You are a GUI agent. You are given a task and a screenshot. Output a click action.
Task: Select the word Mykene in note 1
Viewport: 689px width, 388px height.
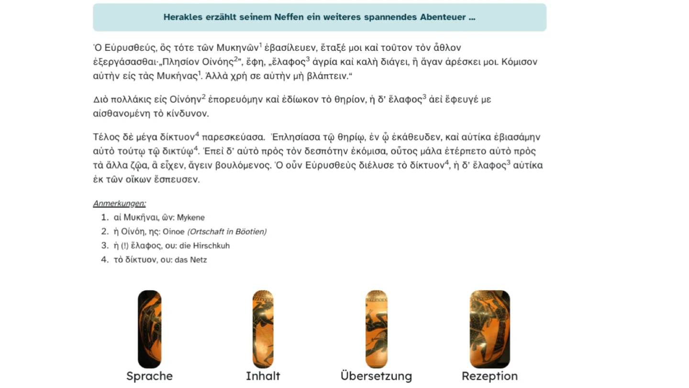190,217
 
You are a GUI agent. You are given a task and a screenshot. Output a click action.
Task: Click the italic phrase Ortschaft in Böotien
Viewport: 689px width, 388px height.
227,232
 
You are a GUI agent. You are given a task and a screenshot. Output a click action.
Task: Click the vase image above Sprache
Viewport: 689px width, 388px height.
149,329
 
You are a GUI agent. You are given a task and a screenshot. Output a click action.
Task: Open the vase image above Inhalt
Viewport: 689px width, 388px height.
263,329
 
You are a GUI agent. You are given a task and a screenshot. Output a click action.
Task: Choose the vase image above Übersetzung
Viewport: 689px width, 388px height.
376,329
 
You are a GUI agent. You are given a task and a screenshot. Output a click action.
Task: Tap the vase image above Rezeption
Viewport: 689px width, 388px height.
489,329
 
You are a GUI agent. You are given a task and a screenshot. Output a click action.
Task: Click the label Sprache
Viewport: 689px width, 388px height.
149,376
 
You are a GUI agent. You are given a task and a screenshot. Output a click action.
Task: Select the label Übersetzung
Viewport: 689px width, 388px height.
376,376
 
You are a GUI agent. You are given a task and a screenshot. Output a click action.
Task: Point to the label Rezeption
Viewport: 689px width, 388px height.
489,376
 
